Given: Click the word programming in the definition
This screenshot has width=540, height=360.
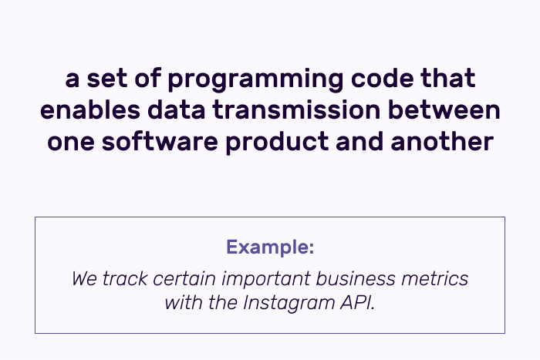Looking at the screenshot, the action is point(255,80).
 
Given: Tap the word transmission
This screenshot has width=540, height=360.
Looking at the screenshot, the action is point(296,110).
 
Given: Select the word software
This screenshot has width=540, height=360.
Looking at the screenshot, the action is point(160,141).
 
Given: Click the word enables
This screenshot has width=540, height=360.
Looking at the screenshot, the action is point(90,109).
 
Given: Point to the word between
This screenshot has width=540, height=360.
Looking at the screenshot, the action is point(444,109).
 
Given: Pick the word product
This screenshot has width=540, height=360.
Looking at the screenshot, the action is point(277,141).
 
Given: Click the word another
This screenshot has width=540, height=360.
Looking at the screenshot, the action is point(442,141).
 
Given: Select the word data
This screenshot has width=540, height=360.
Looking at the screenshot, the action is point(176,109).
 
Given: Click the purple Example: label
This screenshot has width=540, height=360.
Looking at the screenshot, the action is point(270,247).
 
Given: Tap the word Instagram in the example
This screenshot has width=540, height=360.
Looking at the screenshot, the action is point(289,304).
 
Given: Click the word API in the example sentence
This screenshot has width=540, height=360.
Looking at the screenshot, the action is point(357,303).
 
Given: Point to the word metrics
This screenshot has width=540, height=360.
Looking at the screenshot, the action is point(434,278).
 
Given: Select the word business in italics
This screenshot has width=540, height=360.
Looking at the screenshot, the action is point(356,278).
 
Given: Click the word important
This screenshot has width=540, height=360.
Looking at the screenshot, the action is point(266,279).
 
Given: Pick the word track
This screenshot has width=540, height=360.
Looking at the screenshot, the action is point(125,278).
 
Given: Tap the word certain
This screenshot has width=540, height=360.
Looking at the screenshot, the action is point(184,278).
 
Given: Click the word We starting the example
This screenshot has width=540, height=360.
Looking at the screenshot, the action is point(84,278).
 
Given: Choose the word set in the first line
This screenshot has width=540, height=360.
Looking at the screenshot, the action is point(106,79).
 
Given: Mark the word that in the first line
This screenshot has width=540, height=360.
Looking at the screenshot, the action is point(447,78).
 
